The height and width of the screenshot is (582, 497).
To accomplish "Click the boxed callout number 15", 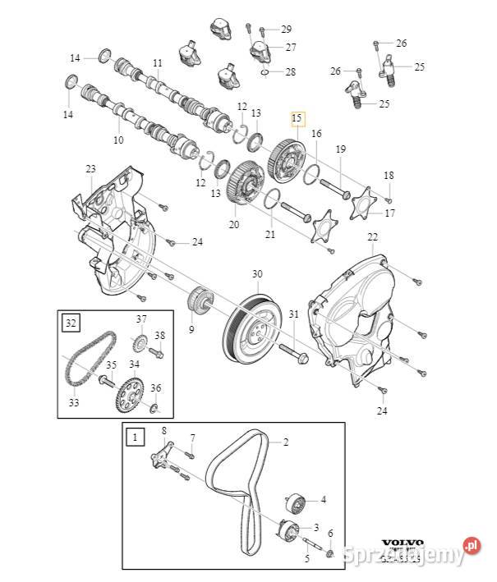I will (x=297, y=118).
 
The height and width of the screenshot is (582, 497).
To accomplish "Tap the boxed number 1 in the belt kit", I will (x=134, y=438).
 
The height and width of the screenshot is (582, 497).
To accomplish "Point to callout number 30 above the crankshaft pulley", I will (x=257, y=273).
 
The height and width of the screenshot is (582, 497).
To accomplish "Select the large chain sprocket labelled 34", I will (x=129, y=389).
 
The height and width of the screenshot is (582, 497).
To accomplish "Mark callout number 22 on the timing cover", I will (x=372, y=237).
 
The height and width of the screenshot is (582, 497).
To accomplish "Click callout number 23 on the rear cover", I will (x=90, y=169).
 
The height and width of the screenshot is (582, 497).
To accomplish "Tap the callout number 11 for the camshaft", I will (x=157, y=63).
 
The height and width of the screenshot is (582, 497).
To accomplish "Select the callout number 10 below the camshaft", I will (x=118, y=140).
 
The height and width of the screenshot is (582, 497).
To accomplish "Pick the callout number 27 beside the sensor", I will (x=291, y=47).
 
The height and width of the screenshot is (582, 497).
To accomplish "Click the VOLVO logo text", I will (x=403, y=543).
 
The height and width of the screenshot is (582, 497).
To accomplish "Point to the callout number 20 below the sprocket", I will (x=233, y=224).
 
